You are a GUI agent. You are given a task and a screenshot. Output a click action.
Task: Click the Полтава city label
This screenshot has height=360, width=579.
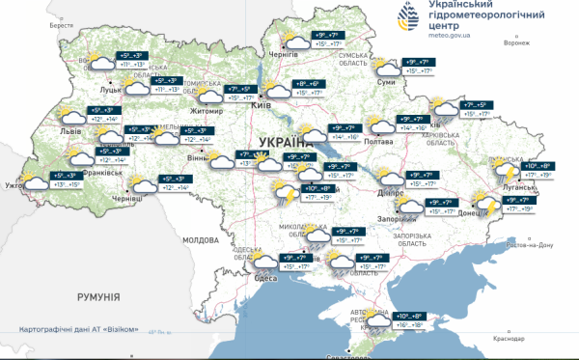click(380, 142)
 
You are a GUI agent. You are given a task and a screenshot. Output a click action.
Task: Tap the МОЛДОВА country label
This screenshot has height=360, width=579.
click(202, 238)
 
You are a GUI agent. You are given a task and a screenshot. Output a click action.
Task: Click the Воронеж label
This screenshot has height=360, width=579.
click(517, 43)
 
